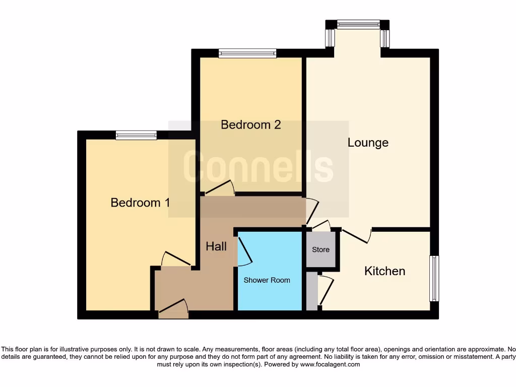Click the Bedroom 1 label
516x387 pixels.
tap(140, 203)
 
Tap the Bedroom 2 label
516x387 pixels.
tap(250, 124)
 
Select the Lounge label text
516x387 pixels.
tap(368, 143)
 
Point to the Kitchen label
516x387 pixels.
tap(384, 271)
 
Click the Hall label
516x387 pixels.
tap(216, 246)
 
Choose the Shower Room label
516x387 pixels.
tap(267, 280)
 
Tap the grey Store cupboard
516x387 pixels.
tap(320, 249)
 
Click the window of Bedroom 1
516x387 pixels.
tap(136, 135)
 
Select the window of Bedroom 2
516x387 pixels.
tap(247, 53)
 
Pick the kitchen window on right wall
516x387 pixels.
tap(434, 279)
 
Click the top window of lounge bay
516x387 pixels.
tap(358, 24)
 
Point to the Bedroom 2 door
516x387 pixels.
tap(220, 188)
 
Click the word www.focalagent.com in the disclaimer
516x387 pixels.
tap(330, 364)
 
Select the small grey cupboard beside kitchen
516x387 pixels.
tap(312, 291)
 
